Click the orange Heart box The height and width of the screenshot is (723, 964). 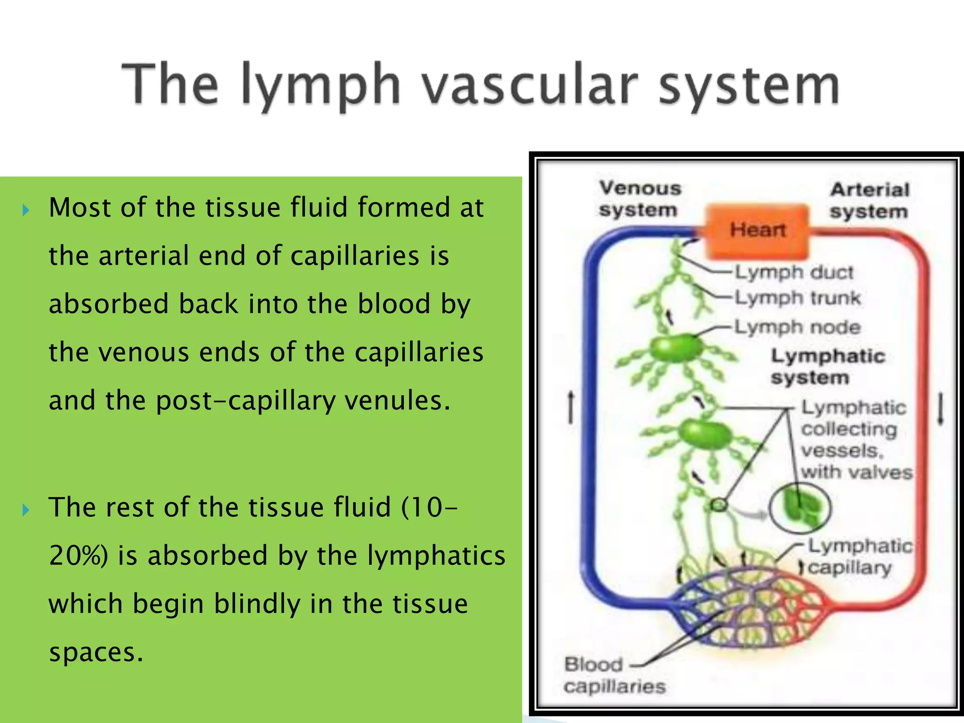coord(757,231)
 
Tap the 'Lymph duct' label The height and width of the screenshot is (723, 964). coord(794,273)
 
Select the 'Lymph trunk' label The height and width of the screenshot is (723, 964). coord(797,298)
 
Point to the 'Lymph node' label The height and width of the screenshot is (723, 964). coord(797,327)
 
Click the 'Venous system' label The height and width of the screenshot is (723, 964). coord(640,199)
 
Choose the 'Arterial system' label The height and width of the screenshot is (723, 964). coord(869,201)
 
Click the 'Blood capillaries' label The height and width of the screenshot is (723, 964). coord(614,675)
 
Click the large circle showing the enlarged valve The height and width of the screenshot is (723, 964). coord(800,508)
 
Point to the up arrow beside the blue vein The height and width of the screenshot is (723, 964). coord(571,407)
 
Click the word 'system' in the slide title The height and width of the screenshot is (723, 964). coord(748,86)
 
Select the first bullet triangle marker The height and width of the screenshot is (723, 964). coord(26,210)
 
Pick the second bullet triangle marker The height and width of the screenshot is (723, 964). coord(26,510)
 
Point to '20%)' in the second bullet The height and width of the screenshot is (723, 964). coord(78,555)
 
